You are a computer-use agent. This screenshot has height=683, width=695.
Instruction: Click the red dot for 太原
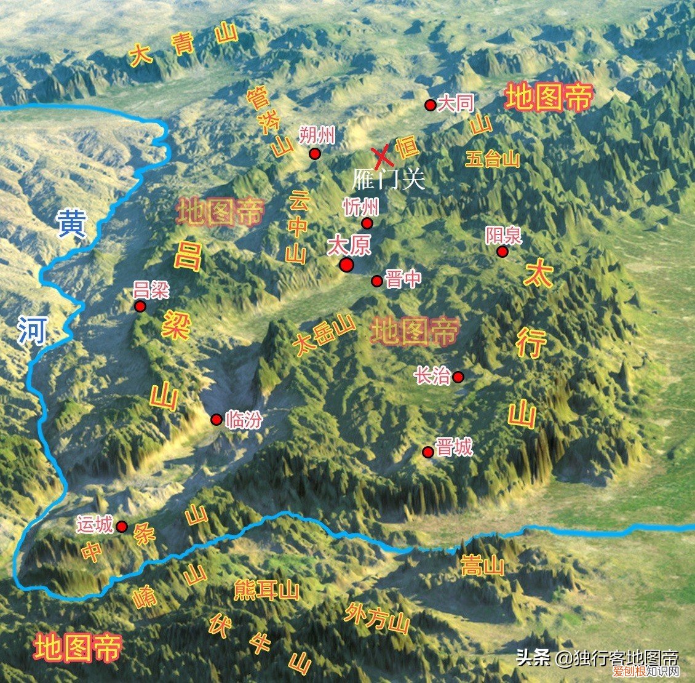pos(346,265)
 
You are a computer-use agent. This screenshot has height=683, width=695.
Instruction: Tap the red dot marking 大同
pos(431,105)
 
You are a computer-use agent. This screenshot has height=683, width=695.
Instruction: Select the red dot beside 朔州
pos(315,154)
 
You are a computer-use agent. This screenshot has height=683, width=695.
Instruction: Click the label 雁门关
pos(388,179)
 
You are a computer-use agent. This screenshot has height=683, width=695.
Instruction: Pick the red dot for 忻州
pos(367,223)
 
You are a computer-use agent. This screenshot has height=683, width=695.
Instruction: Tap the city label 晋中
pos(403,280)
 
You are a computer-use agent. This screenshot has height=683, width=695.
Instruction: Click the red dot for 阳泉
pos(502,252)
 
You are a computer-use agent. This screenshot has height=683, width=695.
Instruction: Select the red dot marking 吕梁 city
pos(140,306)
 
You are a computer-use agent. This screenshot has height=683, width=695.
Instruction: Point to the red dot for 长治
pos(458,377)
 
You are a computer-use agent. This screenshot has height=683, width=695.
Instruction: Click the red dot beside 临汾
pos(216,420)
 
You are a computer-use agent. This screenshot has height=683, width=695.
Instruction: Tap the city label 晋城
pos(455,447)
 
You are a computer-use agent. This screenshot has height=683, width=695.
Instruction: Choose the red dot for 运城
pos(122,527)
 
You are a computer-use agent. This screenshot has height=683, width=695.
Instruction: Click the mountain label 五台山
pos(493,159)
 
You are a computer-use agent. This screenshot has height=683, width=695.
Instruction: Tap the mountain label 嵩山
pos(483,565)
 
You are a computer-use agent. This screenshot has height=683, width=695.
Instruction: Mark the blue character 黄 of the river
pos(72,225)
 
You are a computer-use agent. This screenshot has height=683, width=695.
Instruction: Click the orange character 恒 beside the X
pos(407,148)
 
